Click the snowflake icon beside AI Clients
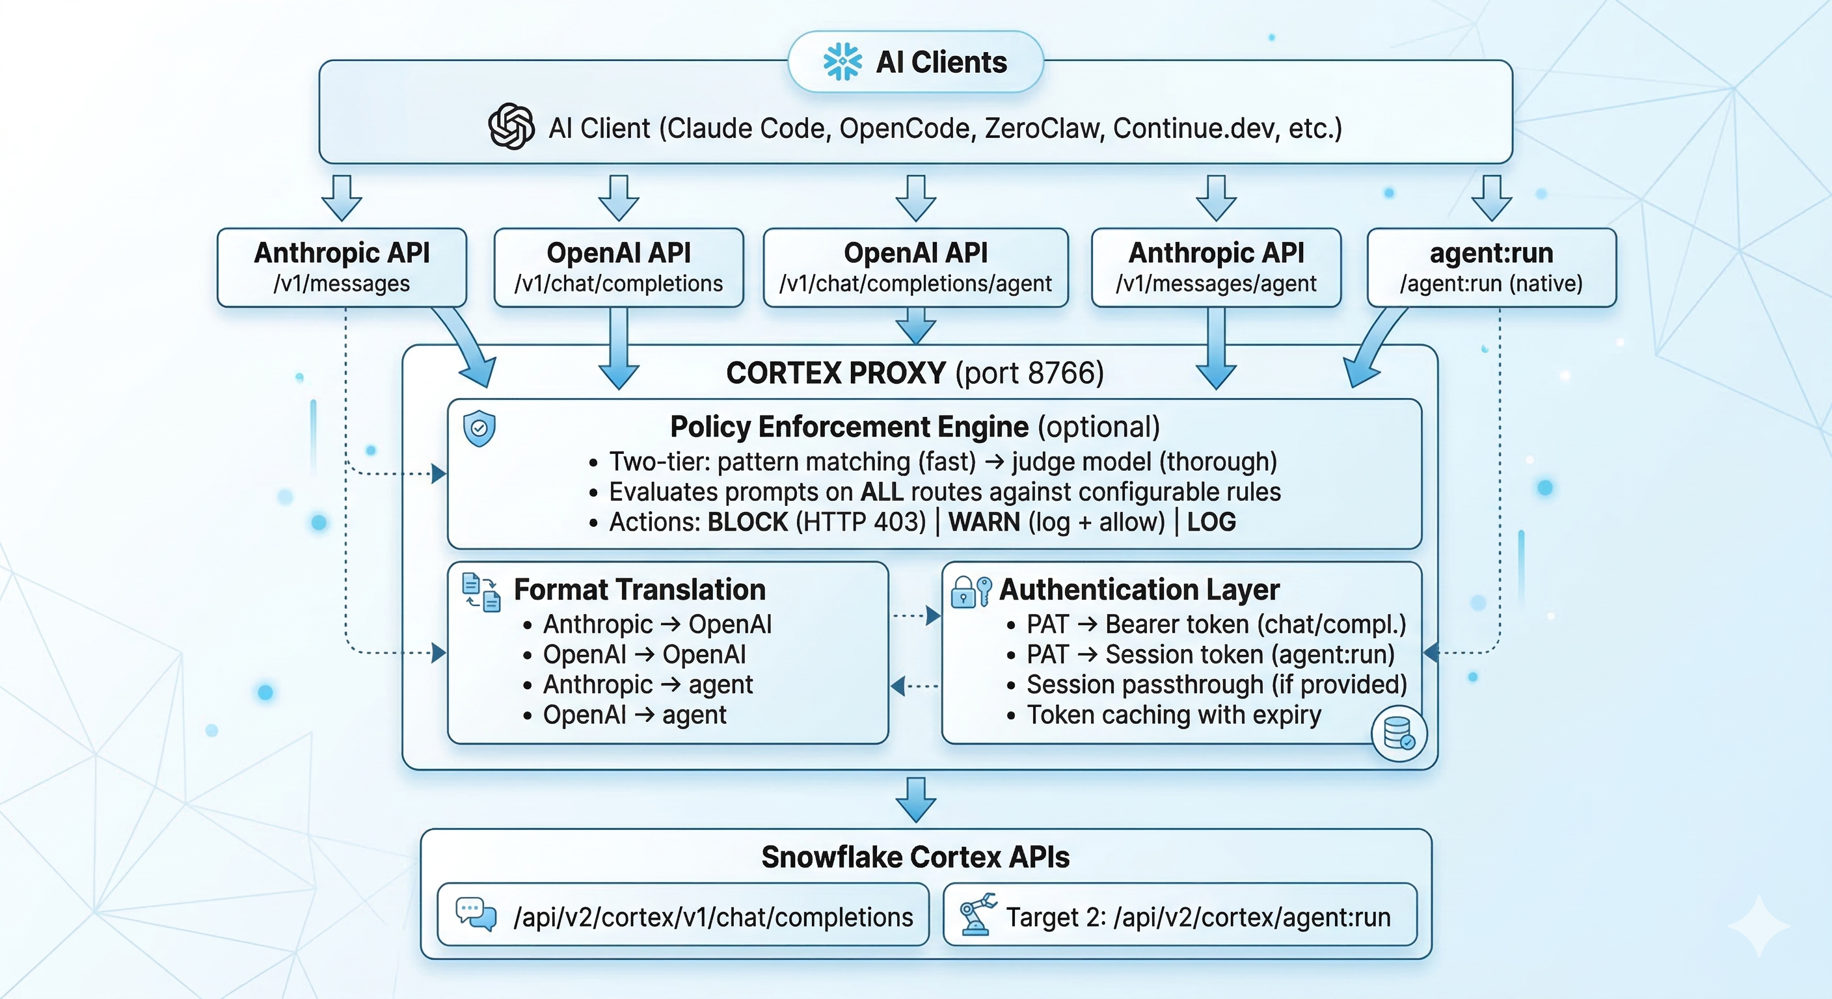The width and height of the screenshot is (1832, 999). coord(842,62)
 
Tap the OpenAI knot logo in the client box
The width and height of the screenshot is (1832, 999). coord(511,127)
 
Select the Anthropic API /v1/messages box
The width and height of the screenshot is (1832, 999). coord(342,267)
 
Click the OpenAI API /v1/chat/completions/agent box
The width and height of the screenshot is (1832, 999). coord(915,267)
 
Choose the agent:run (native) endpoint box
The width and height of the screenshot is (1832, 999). coord(1491,267)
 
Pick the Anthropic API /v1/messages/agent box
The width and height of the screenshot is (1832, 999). coord(1216,267)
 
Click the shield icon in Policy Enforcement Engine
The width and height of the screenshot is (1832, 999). coord(479,428)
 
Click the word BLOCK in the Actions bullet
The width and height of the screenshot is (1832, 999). coord(748,522)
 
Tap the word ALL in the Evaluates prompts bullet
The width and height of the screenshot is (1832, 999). coord(882,492)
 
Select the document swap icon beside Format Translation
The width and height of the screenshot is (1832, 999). coord(481,592)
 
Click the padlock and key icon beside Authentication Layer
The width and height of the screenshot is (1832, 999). coord(971,591)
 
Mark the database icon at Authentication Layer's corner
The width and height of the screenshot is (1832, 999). coord(1398,733)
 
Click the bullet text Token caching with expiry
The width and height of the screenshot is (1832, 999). coord(1174,715)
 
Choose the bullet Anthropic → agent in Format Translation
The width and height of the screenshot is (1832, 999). coord(647,685)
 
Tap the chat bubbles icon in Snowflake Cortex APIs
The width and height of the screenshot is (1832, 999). coord(476,914)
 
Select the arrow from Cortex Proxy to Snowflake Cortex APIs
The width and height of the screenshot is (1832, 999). coord(915,800)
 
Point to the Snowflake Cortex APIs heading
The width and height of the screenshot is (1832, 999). coord(915,857)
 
